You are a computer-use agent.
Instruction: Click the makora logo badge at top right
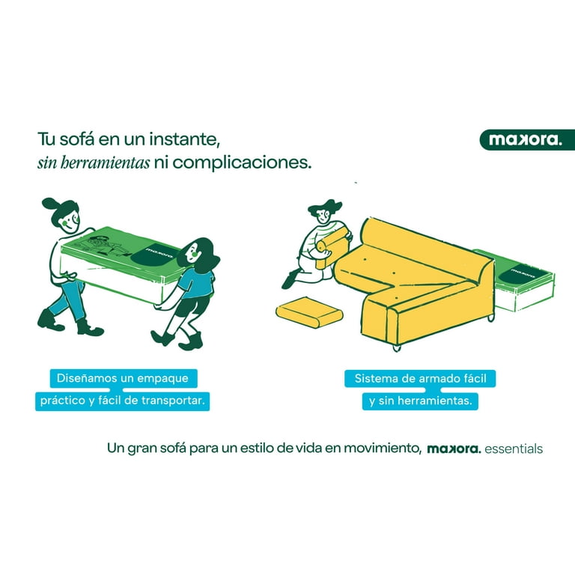point(527,140)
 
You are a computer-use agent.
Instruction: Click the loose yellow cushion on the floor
point(309,312)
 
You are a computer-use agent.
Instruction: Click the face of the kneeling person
point(323,216)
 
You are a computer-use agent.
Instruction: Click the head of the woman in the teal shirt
point(198,254)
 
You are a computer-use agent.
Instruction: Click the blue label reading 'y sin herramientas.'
point(420,401)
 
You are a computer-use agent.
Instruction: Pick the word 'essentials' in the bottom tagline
point(514,448)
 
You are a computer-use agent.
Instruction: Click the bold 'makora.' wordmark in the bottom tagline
point(454,448)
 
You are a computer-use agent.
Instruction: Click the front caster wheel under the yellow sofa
point(396,347)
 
